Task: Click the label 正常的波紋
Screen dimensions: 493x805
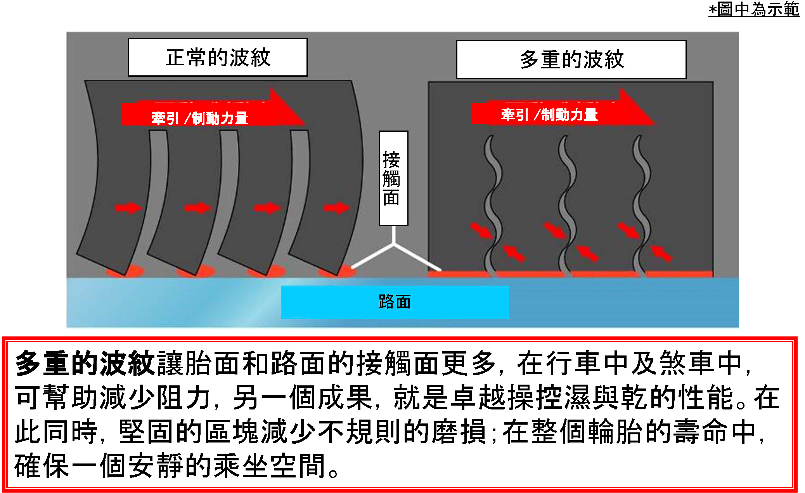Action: [218, 57]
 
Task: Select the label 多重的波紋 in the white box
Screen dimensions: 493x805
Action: [571, 59]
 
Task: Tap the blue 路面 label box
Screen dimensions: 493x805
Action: [395, 302]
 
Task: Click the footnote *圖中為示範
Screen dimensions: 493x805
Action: [754, 9]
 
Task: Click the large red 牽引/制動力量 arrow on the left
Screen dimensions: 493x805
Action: [209, 115]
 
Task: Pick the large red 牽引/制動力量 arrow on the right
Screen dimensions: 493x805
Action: [559, 113]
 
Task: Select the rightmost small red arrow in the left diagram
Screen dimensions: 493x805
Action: [336, 208]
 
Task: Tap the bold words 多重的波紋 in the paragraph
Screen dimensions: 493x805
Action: [85, 363]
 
